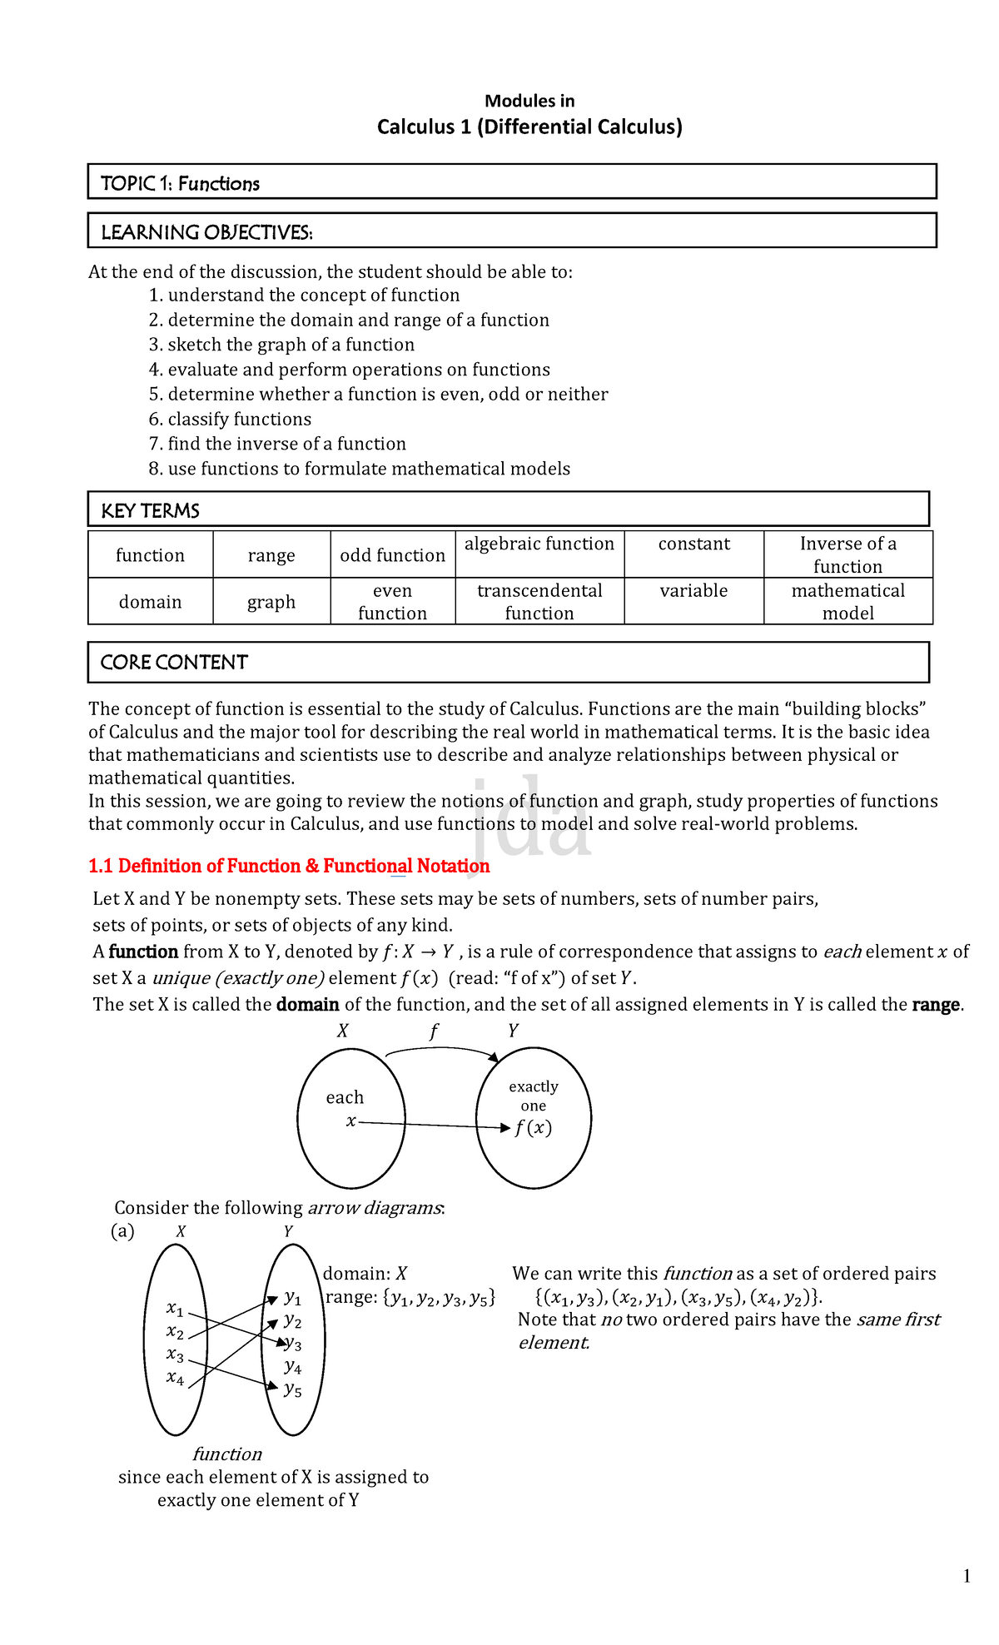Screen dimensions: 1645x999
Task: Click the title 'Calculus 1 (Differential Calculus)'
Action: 529,127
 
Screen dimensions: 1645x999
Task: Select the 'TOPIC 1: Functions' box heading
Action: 180,184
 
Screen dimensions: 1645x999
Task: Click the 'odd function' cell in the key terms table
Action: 392,555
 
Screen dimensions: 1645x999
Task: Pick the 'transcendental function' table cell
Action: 539,601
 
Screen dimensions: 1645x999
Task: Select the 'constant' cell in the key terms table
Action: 693,544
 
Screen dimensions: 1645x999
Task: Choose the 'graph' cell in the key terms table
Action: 271,602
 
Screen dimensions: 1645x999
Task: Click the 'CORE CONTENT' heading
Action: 174,663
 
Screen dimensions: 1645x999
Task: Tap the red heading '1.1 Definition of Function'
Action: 289,866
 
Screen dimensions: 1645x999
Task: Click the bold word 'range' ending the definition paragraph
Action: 937,1005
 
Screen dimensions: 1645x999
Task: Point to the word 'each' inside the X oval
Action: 345,1097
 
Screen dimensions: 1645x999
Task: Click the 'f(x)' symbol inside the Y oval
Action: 533,1129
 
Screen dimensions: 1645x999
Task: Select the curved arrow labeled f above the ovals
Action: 441,1052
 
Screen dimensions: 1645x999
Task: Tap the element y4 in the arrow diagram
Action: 292,1367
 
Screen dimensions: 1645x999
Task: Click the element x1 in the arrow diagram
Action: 175,1309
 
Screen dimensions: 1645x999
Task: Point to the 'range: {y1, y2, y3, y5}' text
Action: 410,1297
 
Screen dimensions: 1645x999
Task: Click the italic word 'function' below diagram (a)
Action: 227,1454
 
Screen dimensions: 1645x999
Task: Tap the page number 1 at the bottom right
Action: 966,1575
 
